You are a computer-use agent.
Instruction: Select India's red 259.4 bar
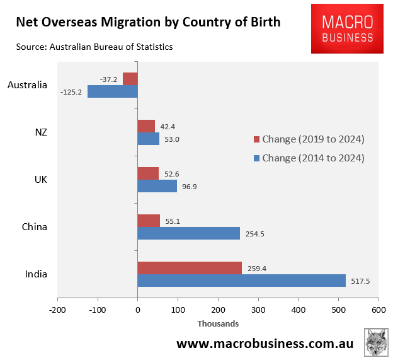pos(190,268)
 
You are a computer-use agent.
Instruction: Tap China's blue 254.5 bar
pos(189,233)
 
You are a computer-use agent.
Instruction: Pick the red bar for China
pos(149,221)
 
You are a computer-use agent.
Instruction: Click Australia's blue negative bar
pos(113,91)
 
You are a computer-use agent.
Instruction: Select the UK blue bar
pos(157,186)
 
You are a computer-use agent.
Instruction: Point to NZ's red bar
pos(146,126)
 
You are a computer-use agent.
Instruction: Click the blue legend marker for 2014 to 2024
pos(256,158)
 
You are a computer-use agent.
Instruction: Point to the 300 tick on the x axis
pos(258,310)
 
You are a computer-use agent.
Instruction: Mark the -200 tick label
pos(57,310)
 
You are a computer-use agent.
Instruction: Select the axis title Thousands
pos(218,323)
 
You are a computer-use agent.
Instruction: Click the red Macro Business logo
pos(346,28)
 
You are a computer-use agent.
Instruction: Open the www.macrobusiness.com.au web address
pos(265,344)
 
